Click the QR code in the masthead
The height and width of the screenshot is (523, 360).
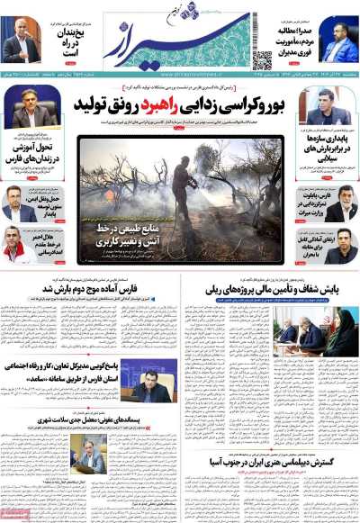coord(262,60)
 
